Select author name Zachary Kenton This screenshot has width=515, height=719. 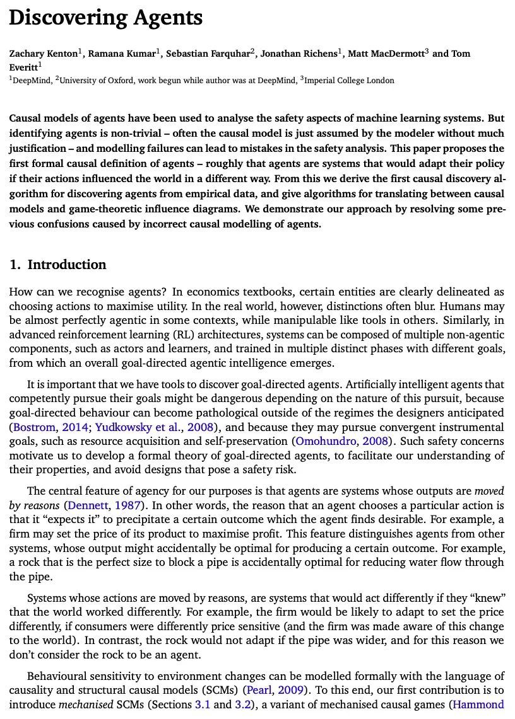(x=43, y=54)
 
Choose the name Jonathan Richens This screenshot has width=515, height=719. (x=299, y=54)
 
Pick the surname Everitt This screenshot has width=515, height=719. (x=23, y=66)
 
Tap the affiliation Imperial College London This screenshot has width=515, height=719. (x=350, y=81)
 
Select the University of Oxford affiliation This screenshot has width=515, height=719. (x=94, y=81)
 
